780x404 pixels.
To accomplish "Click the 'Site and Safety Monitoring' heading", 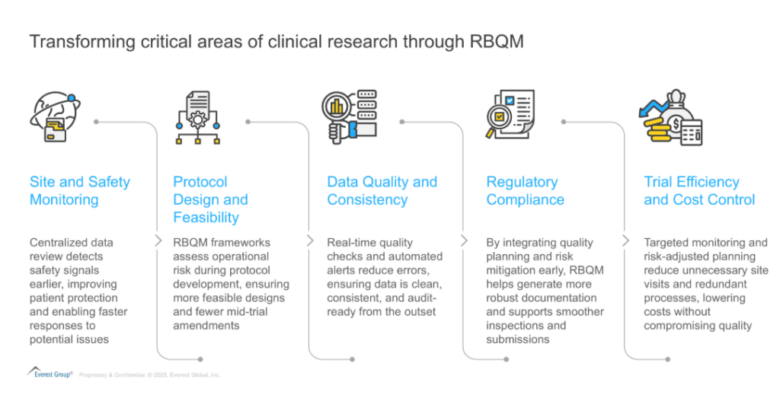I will tap(79, 191).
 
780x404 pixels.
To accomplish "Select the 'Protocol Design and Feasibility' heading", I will tap(210, 199).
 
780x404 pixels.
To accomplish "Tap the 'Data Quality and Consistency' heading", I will tap(382, 191).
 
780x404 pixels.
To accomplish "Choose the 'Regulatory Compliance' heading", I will tap(525, 191).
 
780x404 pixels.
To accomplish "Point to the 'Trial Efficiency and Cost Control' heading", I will tap(698, 191).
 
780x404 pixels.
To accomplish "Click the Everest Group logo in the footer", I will tap(50, 373).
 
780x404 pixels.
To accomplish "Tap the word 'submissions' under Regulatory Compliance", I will tap(518, 339).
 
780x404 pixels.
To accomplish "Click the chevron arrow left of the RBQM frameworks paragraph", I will tap(158, 240).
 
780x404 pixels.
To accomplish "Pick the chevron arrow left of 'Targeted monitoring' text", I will tap(625, 240).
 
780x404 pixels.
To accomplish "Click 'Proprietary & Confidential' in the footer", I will tap(113, 375).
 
